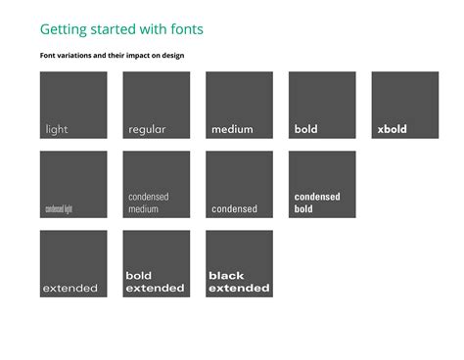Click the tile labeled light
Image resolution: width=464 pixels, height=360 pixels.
(x=73, y=105)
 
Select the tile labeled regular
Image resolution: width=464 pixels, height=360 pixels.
(x=157, y=105)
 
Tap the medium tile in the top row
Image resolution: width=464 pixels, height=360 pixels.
(x=239, y=105)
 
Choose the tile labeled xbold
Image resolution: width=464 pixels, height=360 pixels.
(x=405, y=105)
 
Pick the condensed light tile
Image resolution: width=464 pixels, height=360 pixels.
(x=73, y=184)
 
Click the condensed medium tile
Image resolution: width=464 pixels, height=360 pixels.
(x=157, y=184)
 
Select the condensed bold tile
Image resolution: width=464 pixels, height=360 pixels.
(x=322, y=184)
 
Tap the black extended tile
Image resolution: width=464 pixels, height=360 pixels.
(x=239, y=263)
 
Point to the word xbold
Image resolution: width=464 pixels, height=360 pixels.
(x=392, y=129)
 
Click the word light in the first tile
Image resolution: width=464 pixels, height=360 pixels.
(x=57, y=129)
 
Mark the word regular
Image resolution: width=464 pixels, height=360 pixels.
(x=147, y=129)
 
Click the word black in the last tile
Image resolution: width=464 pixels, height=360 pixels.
(x=226, y=276)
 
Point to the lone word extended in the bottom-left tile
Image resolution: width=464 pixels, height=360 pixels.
(x=70, y=289)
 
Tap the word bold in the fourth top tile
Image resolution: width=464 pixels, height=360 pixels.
(x=306, y=129)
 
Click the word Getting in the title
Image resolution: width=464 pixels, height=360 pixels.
(x=63, y=30)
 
